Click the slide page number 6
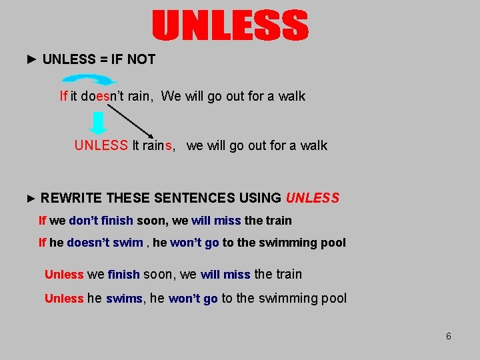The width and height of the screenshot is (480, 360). (x=449, y=336)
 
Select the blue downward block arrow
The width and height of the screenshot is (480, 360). (x=98, y=123)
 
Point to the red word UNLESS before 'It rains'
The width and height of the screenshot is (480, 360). (x=101, y=145)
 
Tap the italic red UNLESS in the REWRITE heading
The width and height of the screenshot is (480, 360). (x=313, y=198)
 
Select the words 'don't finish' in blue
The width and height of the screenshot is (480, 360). (x=101, y=220)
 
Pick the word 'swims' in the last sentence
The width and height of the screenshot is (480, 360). (x=124, y=299)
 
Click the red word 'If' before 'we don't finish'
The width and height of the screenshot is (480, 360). (x=43, y=220)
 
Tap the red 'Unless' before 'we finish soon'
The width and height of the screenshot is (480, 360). (x=64, y=275)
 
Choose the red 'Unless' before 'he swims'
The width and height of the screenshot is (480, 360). (x=64, y=299)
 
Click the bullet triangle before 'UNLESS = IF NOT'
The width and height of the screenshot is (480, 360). (x=32, y=59)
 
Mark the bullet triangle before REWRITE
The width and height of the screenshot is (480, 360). (x=31, y=198)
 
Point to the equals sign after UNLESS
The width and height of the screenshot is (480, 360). (x=104, y=59)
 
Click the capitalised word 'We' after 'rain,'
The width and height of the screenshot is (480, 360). (x=171, y=96)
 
